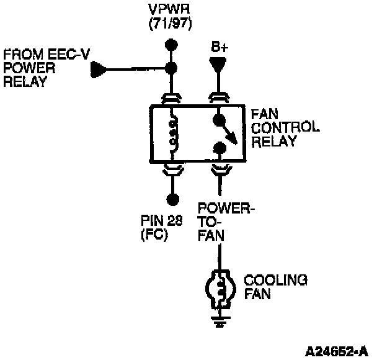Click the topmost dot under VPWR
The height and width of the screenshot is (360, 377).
coord(173,45)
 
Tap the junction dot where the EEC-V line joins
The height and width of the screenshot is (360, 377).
coord(173,68)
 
